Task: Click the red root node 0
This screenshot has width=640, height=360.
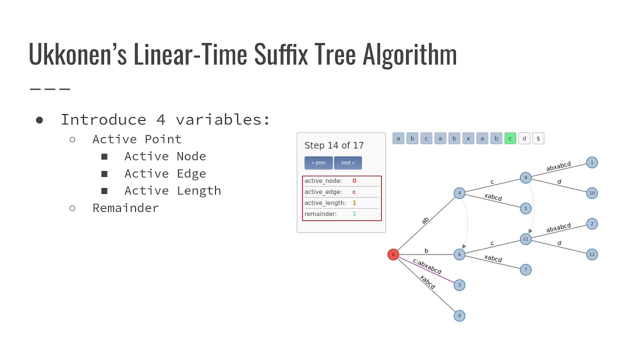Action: coord(393,254)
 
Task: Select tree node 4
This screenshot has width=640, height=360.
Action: coord(459,193)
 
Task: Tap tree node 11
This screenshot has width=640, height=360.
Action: coord(525,239)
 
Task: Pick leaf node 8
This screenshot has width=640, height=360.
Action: coord(459,315)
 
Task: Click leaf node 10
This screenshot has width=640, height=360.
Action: coord(592,193)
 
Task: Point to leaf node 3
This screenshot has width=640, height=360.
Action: coord(459,285)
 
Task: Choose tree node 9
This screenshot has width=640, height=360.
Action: coord(525,177)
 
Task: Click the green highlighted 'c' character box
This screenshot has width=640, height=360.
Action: coord(510,138)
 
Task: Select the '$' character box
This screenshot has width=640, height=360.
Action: coord(538,138)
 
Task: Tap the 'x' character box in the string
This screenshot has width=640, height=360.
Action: coord(468,138)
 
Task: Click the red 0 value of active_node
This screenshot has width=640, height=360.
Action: coord(354,181)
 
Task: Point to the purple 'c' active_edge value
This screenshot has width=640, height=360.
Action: coord(354,192)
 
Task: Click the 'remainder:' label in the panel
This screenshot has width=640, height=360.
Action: coord(320,214)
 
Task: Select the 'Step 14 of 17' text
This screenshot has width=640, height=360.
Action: coord(334,145)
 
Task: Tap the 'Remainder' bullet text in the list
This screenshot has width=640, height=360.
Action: coord(125,208)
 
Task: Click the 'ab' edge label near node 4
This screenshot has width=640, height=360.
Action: coord(425,220)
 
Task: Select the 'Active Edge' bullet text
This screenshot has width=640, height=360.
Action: coord(165,173)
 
